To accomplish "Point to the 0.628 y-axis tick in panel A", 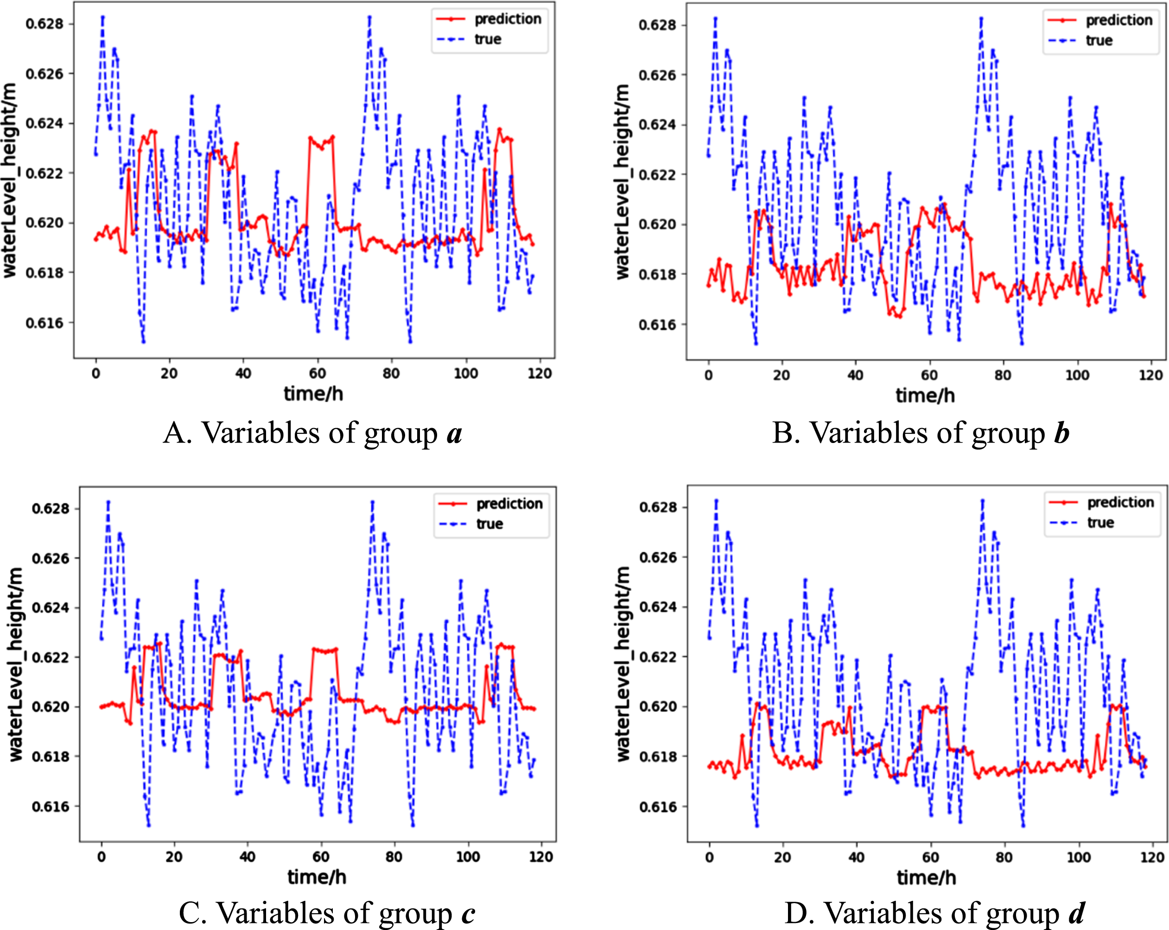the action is [x=44, y=24].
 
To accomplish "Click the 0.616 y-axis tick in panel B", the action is [x=658, y=325].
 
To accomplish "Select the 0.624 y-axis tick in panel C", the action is [x=51, y=607].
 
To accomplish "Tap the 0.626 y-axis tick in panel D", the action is [x=659, y=557].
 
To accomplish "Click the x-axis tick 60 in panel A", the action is [x=317, y=373].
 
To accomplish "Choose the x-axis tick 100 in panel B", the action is [x=1077, y=375].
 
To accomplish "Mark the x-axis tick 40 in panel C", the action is [x=247, y=857].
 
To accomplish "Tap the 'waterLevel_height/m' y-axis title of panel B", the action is [x=623, y=182].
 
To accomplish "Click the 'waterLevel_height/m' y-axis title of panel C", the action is [x=16, y=664].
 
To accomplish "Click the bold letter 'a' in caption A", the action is [x=454, y=434].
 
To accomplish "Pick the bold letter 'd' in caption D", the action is [x=1076, y=913].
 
